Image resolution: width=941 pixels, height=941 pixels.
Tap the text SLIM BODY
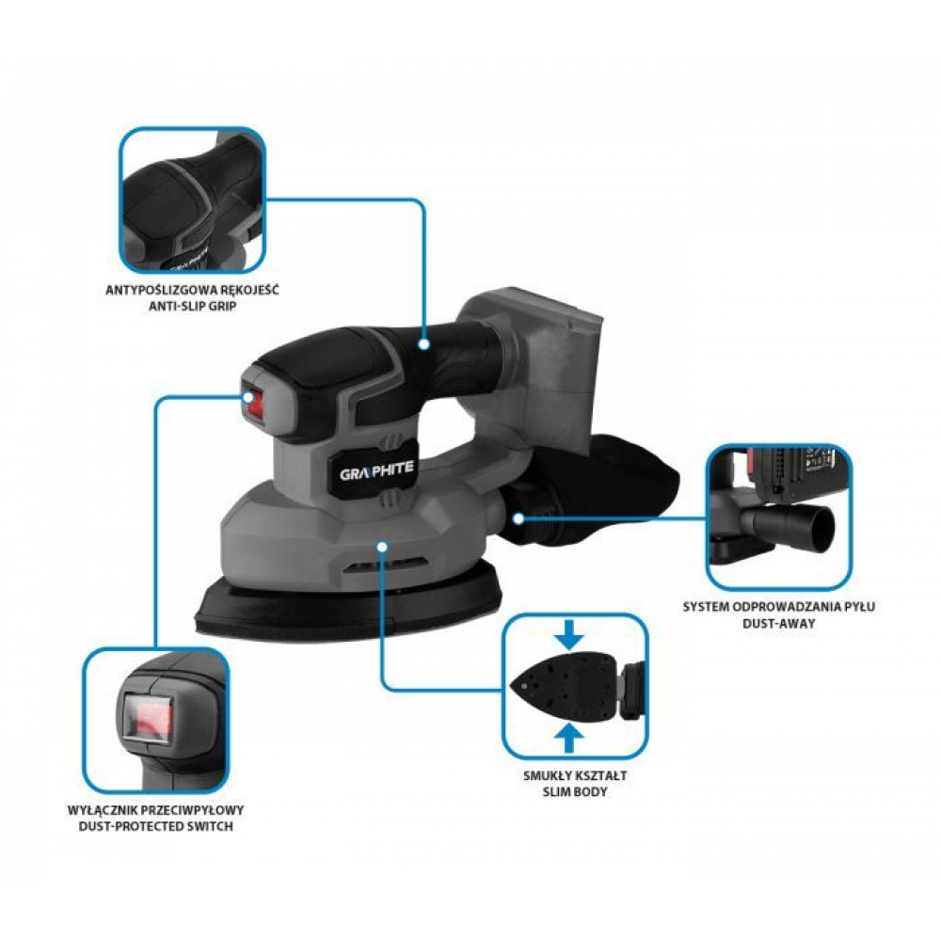(x=574, y=791)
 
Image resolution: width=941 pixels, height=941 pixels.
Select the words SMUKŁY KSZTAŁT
(x=574, y=775)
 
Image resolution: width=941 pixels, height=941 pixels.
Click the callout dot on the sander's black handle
(x=424, y=343)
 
